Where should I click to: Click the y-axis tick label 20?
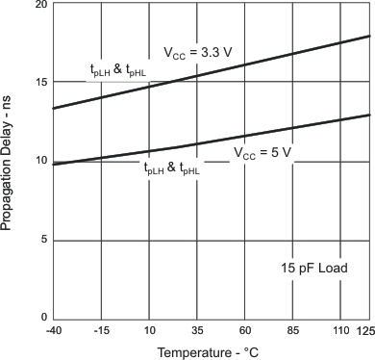[x=40, y=5]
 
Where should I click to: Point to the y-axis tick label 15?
[x=40, y=82]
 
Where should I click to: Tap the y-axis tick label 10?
[x=40, y=161]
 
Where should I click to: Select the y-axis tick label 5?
[x=43, y=240]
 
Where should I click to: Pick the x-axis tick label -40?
[x=54, y=331]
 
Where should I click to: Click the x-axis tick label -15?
[x=101, y=331]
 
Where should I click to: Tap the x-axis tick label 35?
[x=197, y=331]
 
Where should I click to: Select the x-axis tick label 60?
[x=245, y=331]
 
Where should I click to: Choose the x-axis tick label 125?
[x=365, y=331]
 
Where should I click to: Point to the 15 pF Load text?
[x=314, y=267]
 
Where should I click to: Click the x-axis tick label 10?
[x=149, y=331]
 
